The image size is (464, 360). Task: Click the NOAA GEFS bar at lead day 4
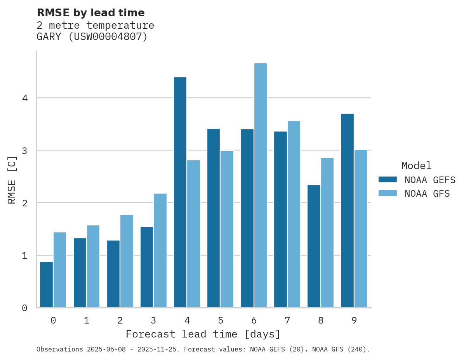pos(180,192)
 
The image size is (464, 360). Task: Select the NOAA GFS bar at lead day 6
pos(260,185)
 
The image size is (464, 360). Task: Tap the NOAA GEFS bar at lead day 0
pos(47,285)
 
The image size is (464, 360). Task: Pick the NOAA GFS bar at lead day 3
pos(160,251)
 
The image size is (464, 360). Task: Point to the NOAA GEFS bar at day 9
pos(347,211)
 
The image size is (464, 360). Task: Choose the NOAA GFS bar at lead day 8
pos(327,233)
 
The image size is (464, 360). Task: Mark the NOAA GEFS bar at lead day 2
pos(113,274)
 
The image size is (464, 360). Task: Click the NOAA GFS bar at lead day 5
pos(227,229)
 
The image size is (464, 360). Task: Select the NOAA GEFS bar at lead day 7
pos(280,220)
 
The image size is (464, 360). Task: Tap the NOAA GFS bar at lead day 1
pos(93,267)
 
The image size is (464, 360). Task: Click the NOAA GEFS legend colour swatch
pos(388,180)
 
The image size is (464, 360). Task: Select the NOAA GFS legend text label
pos(427,194)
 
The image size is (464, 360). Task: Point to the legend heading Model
pos(416,166)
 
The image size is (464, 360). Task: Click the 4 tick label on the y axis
pos(24,98)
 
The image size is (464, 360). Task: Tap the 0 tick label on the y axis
pos(24,308)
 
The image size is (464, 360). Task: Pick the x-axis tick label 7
pos(287,320)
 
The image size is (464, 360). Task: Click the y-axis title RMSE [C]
pos(12,180)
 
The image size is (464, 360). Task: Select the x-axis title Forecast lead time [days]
pos(203,334)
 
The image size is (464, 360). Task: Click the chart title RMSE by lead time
pos(90,13)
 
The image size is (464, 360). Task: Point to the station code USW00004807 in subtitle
pos(108,37)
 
